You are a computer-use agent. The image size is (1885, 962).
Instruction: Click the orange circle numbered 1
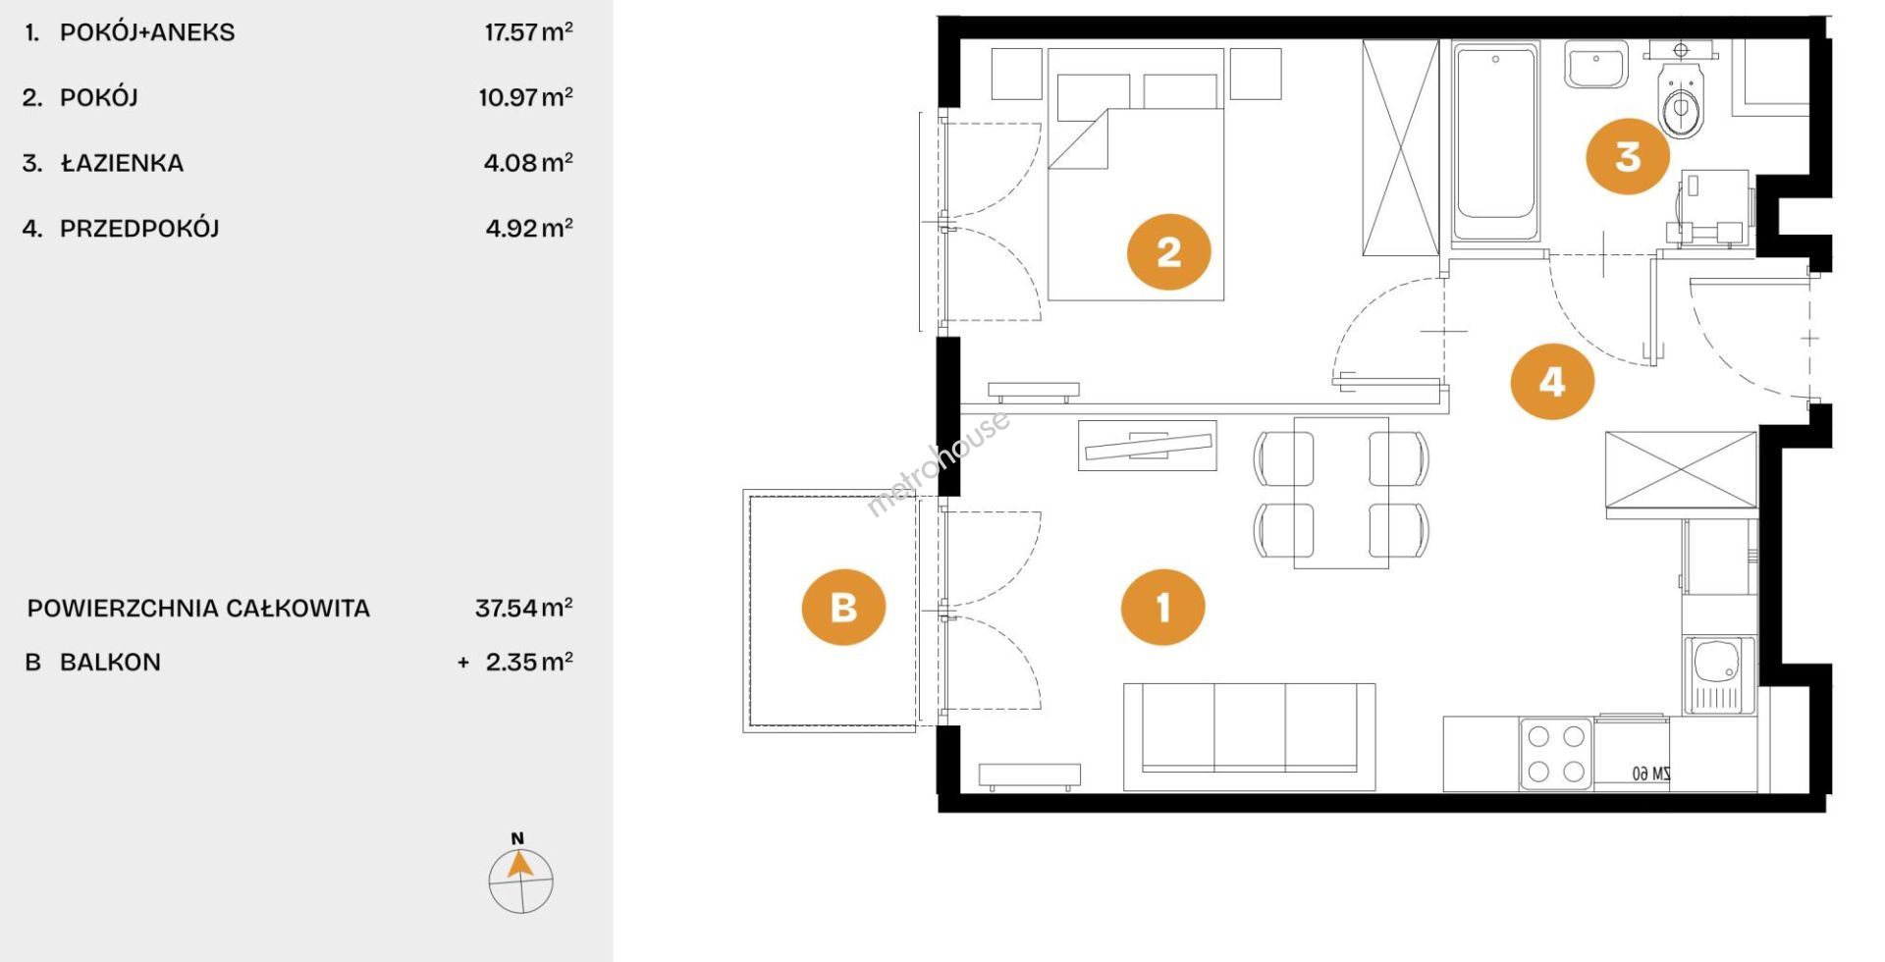pyautogui.click(x=1162, y=608)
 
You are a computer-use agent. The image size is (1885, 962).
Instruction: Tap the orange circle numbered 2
pyautogui.click(x=1168, y=252)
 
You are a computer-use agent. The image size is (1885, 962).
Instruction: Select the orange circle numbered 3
pyautogui.click(x=1628, y=156)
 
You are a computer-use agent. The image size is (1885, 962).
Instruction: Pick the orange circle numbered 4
pyautogui.click(x=1552, y=381)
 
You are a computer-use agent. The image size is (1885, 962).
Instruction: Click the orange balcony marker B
pyautogui.click(x=844, y=607)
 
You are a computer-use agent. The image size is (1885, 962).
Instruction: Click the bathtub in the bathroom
pyautogui.click(x=1494, y=141)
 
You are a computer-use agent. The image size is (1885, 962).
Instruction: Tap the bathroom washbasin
pyautogui.click(x=1595, y=65)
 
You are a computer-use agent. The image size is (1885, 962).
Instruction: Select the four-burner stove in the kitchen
pyautogui.click(x=1556, y=754)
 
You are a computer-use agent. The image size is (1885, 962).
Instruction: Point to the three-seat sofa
pyautogui.click(x=1249, y=736)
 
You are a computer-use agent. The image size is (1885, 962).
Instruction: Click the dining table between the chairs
pyautogui.click(x=1341, y=493)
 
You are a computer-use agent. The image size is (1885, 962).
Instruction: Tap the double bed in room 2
pyautogui.click(x=1136, y=174)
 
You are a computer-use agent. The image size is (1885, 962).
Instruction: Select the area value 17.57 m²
pyautogui.click(x=528, y=31)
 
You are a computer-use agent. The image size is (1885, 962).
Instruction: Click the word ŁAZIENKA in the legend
pyautogui.click(x=122, y=163)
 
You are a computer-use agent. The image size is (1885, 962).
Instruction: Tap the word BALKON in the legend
pyautogui.click(x=110, y=663)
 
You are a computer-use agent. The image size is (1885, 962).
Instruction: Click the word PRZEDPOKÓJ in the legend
pyautogui.click(x=139, y=229)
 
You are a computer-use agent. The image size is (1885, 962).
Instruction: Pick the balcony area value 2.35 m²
pyautogui.click(x=529, y=662)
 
